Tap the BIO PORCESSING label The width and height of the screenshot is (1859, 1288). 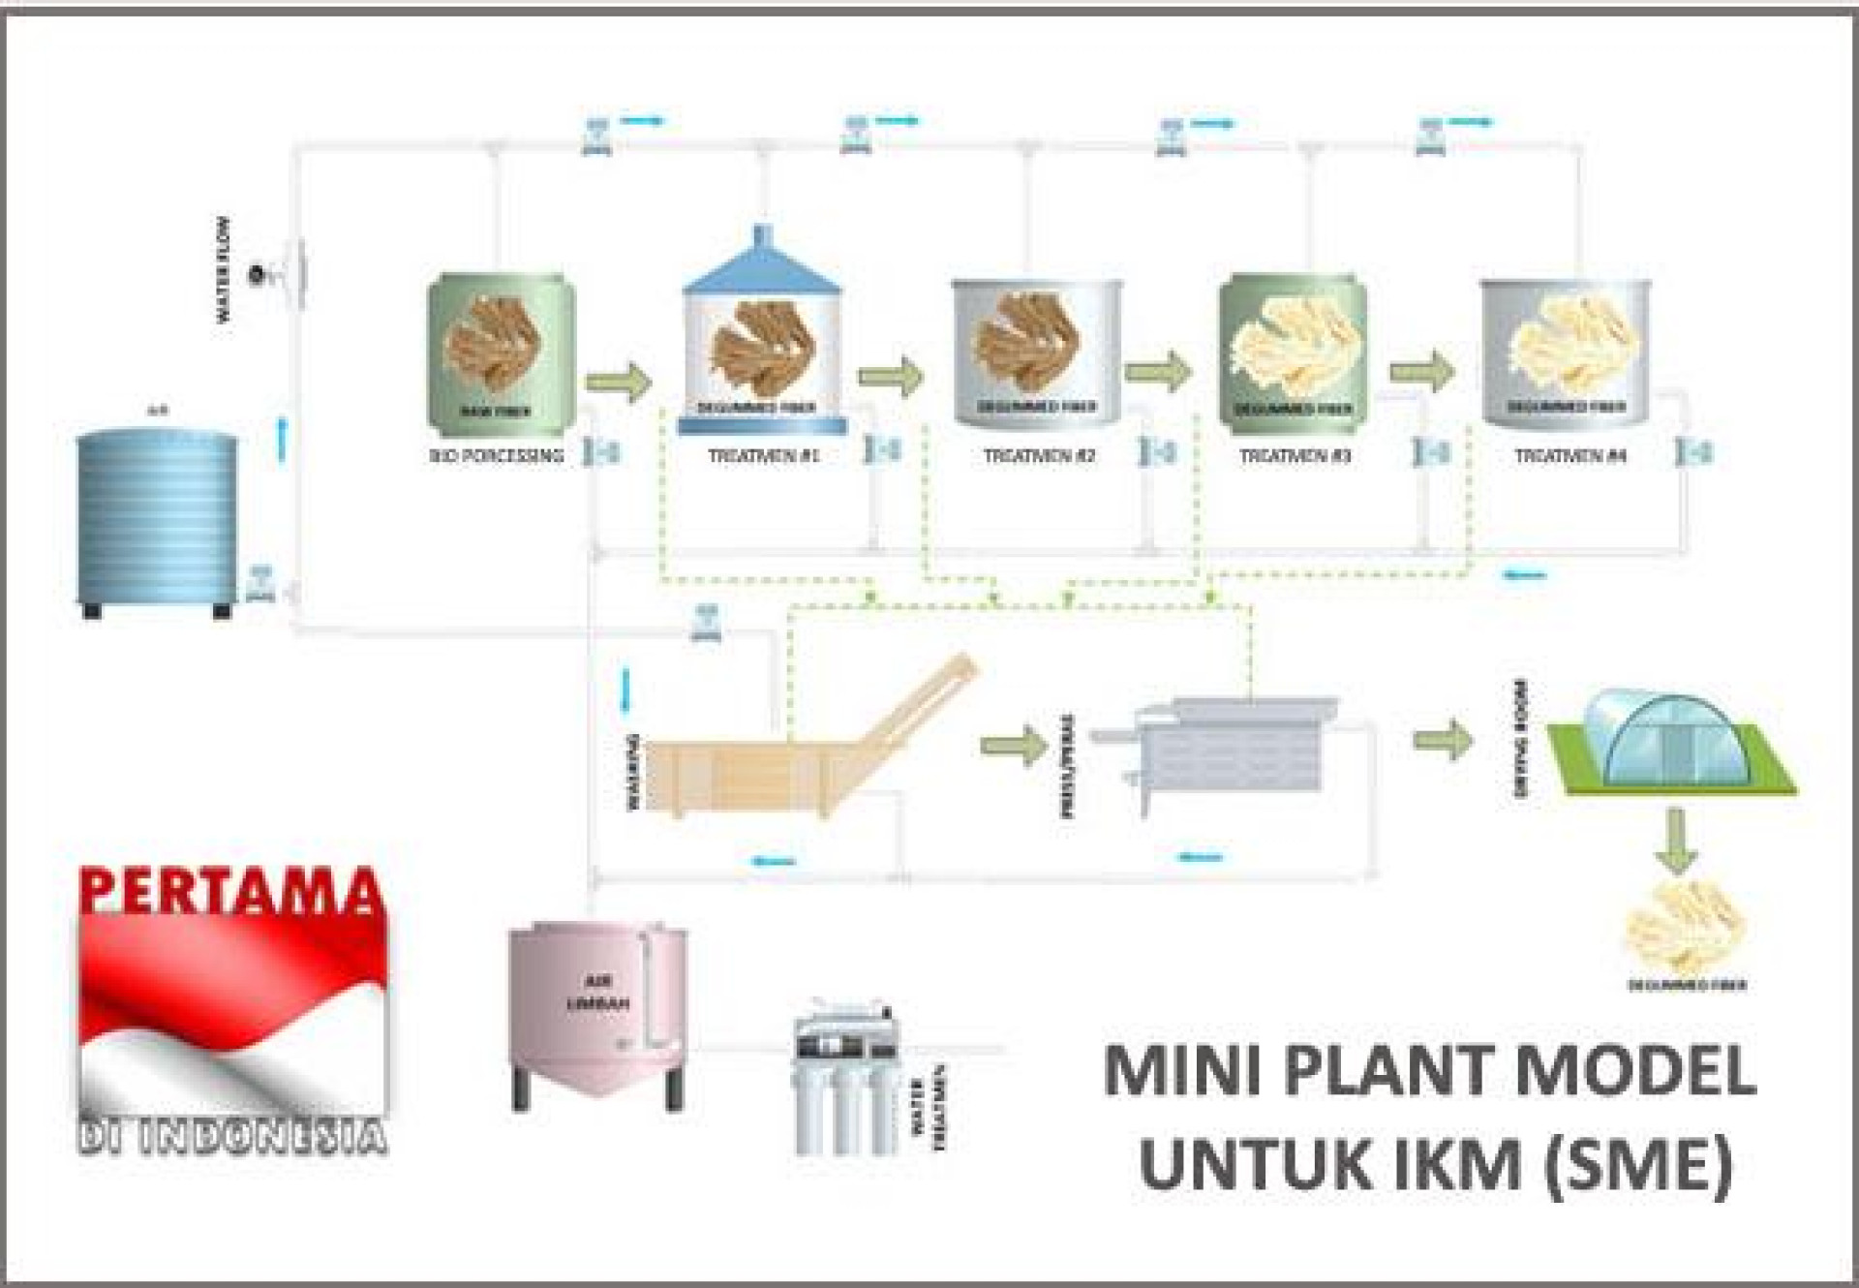click(497, 455)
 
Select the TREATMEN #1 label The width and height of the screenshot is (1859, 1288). click(764, 455)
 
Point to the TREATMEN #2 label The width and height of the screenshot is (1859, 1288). click(1039, 455)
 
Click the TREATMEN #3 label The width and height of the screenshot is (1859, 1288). click(1295, 455)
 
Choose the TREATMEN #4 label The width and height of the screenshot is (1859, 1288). click(1570, 455)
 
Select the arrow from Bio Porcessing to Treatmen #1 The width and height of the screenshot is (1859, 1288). click(619, 382)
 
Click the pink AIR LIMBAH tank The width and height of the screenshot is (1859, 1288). click(597, 1012)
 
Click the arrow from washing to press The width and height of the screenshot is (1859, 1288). click(1013, 746)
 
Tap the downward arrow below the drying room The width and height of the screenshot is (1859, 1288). click(1676, 842)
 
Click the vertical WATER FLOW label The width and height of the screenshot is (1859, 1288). click(224, 269)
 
